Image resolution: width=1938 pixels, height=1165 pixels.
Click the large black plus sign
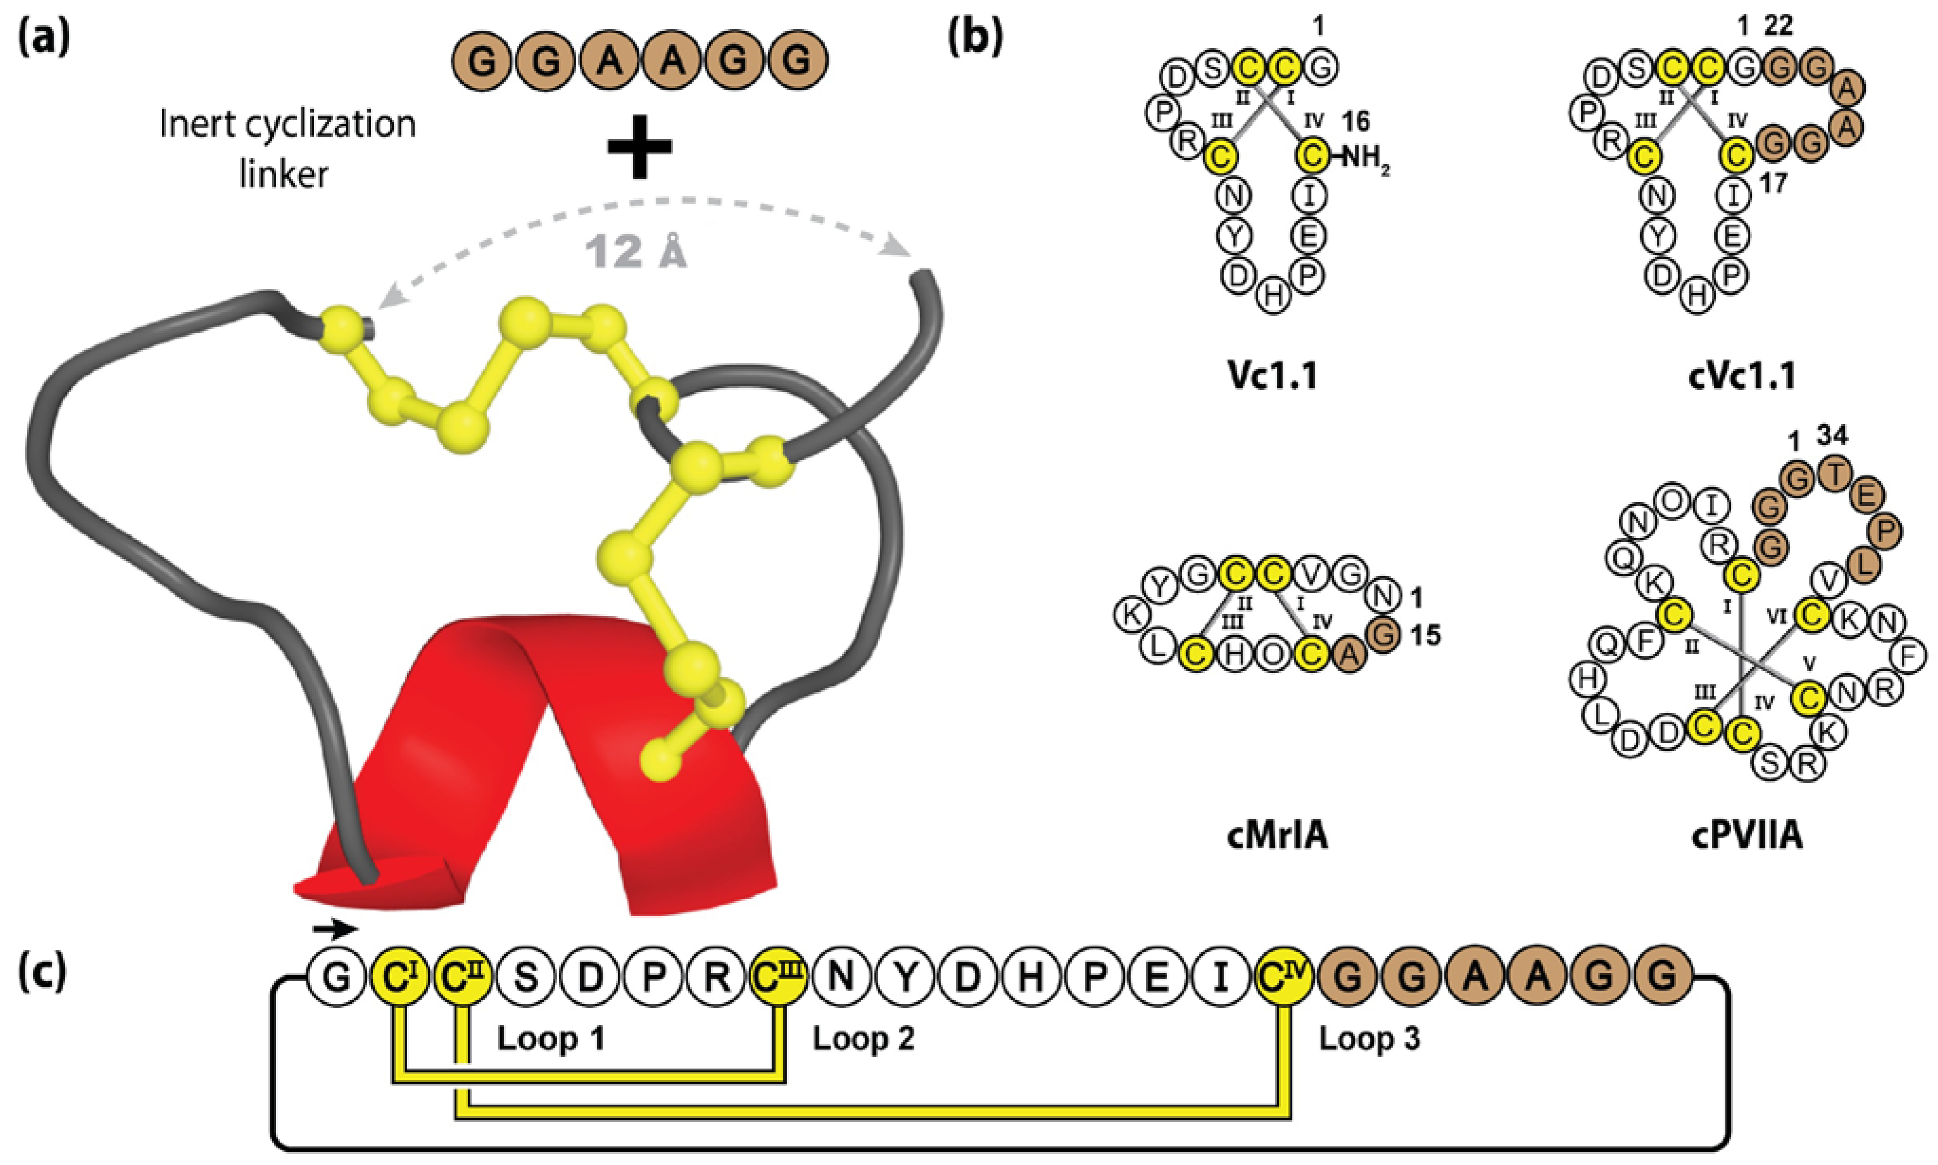pos(640,148)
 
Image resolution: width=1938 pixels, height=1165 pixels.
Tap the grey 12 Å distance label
pos(636,253)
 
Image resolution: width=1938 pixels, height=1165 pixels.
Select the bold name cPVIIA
pos(1746,837)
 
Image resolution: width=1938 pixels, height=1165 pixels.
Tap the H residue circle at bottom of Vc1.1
pos(1274,297)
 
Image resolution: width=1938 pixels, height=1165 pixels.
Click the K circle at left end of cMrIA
pos(1132,615)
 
